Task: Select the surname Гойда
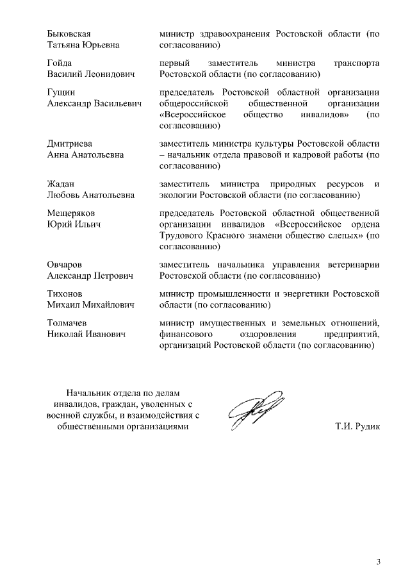coord(61,63)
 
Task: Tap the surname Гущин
coord(61,93)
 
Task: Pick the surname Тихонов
coord(65,294)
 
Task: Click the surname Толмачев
coord(67,323)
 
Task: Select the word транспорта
coord(357,63)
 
